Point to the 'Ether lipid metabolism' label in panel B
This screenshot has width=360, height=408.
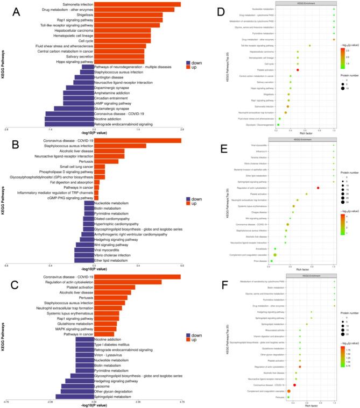110,260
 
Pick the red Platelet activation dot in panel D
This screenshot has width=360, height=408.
298,70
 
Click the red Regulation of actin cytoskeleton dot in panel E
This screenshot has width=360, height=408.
319,188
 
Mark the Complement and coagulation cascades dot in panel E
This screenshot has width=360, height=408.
291,255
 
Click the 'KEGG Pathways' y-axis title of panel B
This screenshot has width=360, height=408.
5,202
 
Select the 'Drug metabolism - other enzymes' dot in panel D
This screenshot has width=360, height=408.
334,39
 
